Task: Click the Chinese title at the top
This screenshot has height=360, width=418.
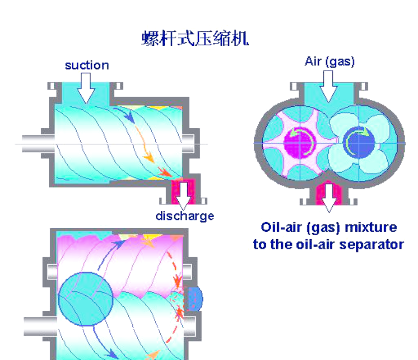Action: pos(195,38)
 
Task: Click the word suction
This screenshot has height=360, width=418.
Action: pos(87,65)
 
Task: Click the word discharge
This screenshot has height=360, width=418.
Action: pos(185,216)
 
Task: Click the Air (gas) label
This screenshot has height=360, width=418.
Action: pos(329,62)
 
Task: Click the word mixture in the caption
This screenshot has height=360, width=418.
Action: pos(372,228)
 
